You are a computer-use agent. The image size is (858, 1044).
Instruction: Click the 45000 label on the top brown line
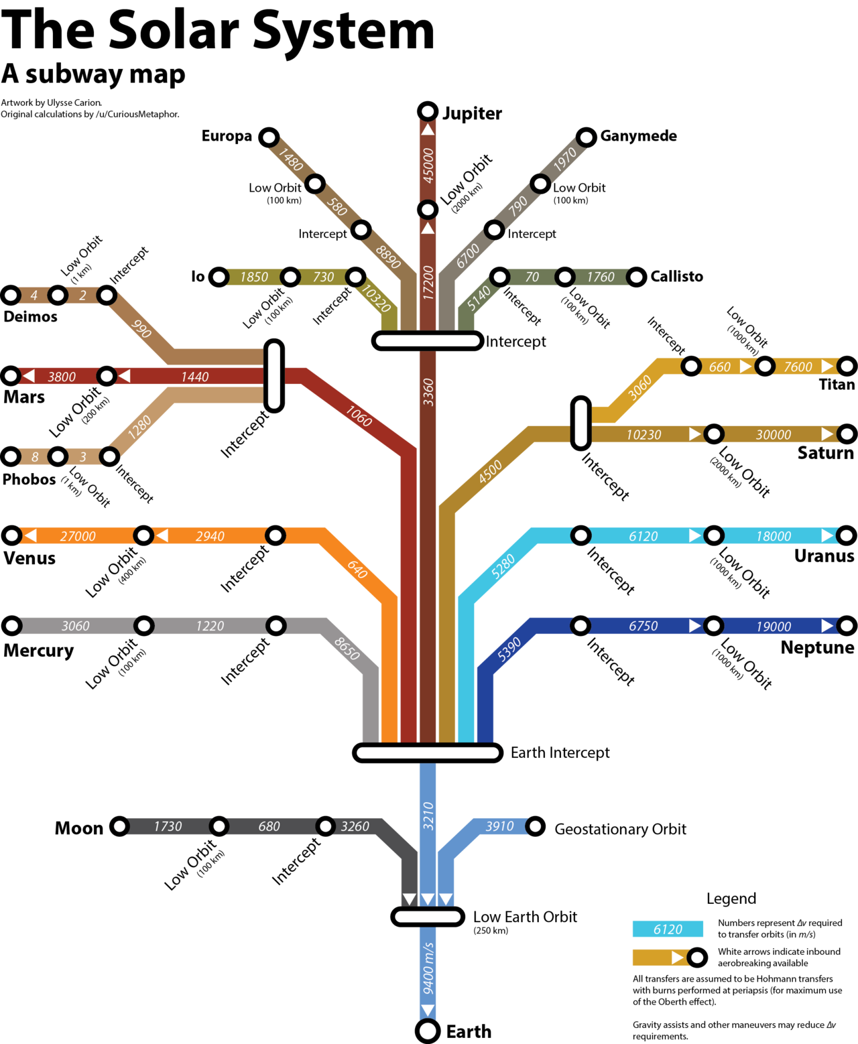coord(428,166)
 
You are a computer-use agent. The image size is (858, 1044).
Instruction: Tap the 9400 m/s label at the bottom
coord(428,968)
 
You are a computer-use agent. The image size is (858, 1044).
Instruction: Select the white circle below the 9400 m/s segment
coord(428,1031)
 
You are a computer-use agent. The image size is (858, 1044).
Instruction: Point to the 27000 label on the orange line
coord(78,536)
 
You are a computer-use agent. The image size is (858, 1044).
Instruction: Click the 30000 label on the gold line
coord(774,435)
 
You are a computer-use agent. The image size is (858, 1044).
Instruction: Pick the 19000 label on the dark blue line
coord(774,627)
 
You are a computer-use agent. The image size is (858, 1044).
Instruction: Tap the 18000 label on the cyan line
coord(774,536)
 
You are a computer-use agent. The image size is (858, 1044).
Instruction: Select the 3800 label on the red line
coord(62,377)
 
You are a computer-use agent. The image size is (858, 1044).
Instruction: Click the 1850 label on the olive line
coord(254,277)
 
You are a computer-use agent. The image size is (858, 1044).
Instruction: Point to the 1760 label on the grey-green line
coord(601,277)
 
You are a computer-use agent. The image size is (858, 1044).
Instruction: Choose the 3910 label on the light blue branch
coord(499,826)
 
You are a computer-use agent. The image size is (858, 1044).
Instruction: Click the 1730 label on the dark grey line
coord(168,826)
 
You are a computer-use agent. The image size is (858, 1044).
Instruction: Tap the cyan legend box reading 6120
coord(668,929)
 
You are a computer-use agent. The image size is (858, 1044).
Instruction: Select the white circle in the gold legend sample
coord(697,958)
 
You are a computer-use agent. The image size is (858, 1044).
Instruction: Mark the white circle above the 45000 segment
coord(428,111)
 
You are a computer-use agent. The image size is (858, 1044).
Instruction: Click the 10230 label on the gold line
coord(643,435)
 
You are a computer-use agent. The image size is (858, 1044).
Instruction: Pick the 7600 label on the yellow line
coord(798,367)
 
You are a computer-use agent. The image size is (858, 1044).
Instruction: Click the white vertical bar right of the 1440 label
coord(273,375)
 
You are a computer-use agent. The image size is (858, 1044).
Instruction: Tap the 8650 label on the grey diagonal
coord(347,648)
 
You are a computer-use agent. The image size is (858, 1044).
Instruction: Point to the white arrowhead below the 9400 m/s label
coord(428,1010)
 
